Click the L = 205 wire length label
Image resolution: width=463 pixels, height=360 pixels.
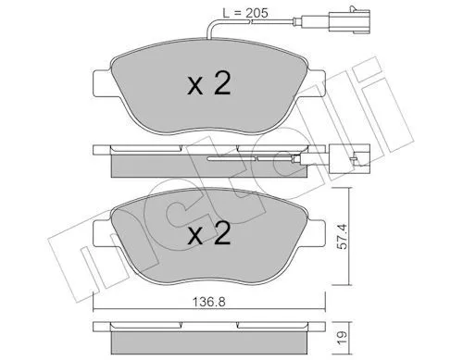(x=245, y=13)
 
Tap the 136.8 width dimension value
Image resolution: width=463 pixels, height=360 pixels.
(x=209, y=302)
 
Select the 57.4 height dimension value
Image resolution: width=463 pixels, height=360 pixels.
(x=343, y=236)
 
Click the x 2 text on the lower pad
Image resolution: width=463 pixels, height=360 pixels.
(x=209, y=233)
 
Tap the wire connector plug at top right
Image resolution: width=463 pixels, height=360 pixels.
(x=349, y=21)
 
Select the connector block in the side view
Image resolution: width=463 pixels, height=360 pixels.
(x=349, y=158)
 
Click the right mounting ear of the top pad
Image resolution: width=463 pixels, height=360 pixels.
(x=316, y=82)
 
